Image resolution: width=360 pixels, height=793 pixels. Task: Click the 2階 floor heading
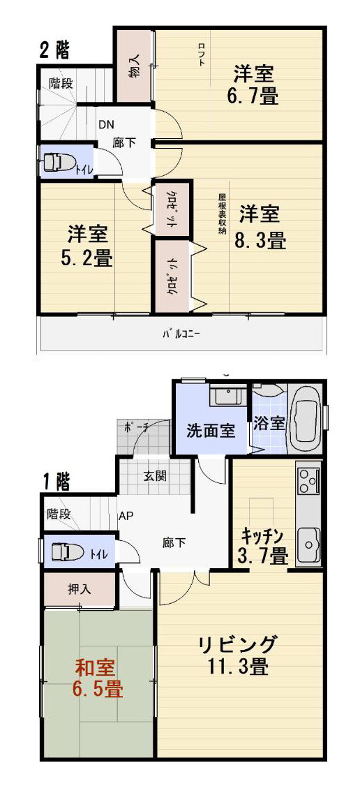pos(54,50)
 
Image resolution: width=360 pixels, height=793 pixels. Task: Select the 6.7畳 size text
pos(252,96)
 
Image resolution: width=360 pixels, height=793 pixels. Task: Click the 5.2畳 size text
pos(87,258)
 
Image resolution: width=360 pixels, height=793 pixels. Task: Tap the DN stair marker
pos(105,126)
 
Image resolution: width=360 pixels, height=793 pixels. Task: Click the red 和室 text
pos(97,667)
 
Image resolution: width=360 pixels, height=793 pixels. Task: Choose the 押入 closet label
pos(79,588)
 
